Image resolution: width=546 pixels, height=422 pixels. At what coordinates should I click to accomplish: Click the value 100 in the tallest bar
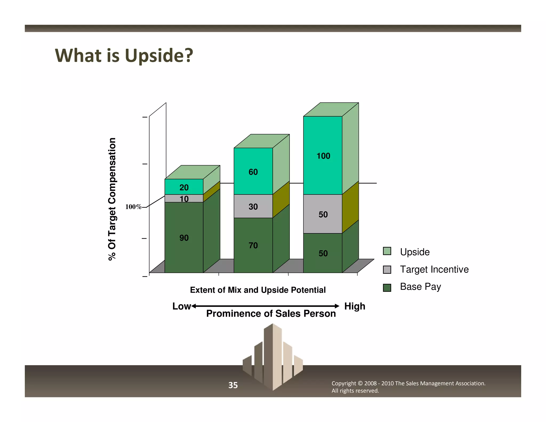323,156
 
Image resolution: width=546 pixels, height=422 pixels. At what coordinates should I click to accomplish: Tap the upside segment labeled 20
184,187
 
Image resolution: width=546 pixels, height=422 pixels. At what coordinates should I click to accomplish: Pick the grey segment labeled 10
184,199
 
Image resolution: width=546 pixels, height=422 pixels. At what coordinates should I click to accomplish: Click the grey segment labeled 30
253,206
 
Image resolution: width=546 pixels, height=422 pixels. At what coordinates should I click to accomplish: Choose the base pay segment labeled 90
184,238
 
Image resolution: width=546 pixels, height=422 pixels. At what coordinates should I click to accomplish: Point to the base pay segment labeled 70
253,245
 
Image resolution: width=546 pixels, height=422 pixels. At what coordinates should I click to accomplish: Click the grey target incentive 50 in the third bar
323,214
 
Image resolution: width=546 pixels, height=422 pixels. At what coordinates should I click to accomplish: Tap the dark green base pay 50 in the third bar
323,253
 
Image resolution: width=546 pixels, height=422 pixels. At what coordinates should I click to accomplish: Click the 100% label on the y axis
133,207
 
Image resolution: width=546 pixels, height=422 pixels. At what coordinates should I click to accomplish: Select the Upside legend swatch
387,251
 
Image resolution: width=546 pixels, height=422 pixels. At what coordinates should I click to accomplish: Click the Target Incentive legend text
434,269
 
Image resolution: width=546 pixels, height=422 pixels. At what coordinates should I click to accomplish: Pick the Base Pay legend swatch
387,288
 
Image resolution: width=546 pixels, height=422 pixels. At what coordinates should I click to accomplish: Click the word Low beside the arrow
181,306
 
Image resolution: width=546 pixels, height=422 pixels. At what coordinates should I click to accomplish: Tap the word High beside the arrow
355,306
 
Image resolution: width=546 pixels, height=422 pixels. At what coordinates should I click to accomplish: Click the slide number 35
233,385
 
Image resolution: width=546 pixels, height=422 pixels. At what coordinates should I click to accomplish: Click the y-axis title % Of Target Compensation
112,199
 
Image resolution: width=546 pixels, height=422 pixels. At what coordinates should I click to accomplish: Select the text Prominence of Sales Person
271,313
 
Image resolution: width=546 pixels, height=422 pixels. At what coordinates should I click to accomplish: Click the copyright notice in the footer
408,387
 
